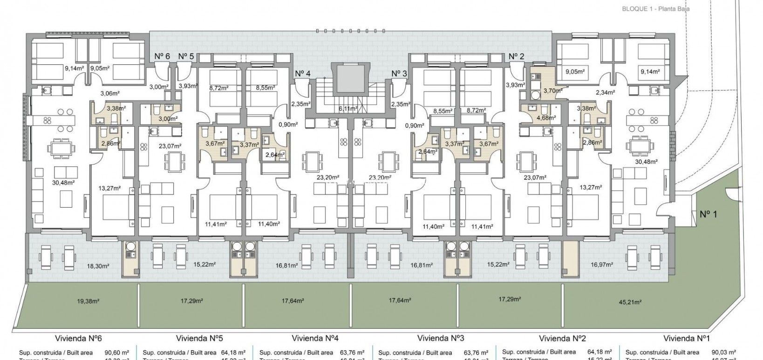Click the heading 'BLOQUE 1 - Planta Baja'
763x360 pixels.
tap(655, 9)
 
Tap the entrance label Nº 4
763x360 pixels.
tap(302, 73)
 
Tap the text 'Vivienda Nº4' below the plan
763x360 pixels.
tap(319, 338)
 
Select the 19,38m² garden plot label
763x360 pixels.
tap(88, 301)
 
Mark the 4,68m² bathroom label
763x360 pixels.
tap(545, 118)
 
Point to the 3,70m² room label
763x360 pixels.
tap(552, 91)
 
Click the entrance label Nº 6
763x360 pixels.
tap(162, 56)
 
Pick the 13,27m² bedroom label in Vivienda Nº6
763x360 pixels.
tap(110, 188)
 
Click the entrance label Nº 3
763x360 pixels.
tap(399, 73)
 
